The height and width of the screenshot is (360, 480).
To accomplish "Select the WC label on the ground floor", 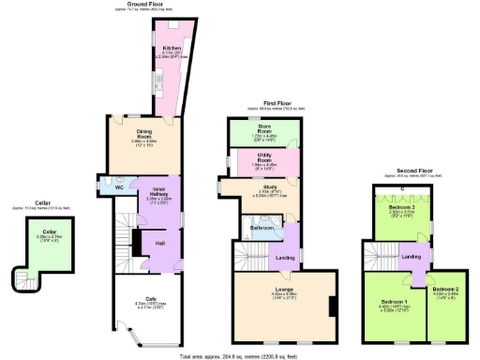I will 119,187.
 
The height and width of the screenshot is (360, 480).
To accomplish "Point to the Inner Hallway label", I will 156,190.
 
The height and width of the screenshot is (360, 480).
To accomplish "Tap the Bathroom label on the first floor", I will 262,227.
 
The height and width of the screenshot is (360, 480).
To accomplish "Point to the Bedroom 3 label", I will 401,207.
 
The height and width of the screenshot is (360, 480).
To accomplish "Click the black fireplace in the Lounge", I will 331,307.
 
